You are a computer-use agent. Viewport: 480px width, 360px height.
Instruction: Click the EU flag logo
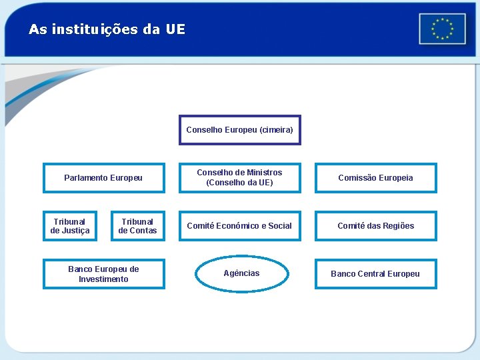click(442, 29)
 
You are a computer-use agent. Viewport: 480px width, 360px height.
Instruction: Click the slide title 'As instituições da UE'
click(107, 29)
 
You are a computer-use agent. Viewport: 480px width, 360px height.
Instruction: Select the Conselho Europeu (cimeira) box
click(239, 130)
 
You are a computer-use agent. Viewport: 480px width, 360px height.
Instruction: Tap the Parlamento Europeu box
click(103, 178)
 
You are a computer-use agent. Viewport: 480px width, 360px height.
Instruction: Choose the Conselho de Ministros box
click(239, 177)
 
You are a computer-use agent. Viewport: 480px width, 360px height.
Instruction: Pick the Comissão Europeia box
click(375, 178)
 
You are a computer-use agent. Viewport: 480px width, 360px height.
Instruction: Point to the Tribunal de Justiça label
click(70, 226)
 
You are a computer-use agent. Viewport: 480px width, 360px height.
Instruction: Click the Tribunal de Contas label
click(137, 226)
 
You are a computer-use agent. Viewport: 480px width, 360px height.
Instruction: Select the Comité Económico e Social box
click(239, 226)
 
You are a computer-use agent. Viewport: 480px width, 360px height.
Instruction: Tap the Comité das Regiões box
click(375, 226)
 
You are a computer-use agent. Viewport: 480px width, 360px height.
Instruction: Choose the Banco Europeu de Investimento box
click(103, 274)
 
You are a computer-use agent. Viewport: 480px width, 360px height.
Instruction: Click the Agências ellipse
click(242, 273)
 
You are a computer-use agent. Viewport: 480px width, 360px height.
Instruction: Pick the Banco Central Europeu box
click(375, 274)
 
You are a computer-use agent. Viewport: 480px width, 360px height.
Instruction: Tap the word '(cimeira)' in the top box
click(276, 130)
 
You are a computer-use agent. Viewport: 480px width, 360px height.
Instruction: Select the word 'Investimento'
click(103, 279)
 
